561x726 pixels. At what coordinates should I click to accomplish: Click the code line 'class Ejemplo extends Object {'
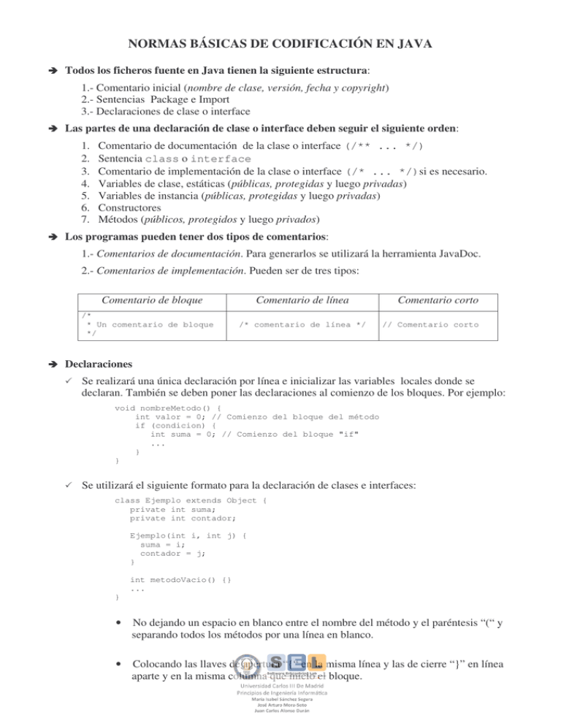(x=191, y=500)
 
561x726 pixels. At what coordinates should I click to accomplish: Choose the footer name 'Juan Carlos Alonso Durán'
(x=281, y=719)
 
